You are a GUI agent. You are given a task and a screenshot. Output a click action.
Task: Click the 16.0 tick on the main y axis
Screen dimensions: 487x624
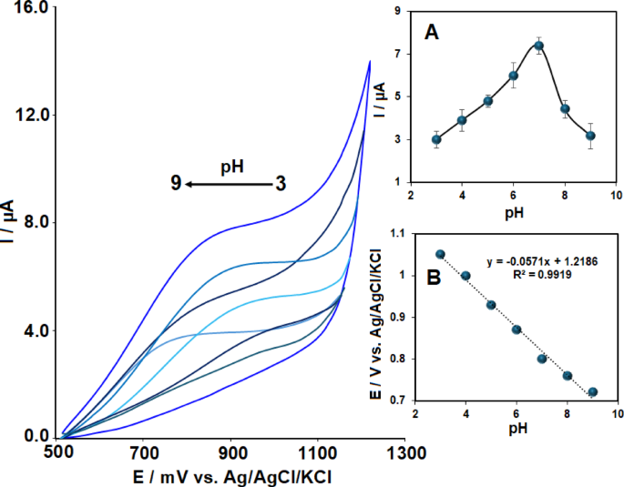(x=32, y=8)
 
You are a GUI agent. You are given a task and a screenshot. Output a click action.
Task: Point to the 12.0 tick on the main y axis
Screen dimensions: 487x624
(x=32, y=116)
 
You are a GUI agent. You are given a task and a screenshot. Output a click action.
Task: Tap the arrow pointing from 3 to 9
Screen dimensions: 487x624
(x=227, y=185)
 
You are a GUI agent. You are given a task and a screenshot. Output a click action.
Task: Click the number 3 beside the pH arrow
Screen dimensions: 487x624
(x=281, y=185)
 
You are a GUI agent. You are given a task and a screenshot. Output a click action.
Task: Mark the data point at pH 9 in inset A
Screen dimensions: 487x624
(x=590, y=136)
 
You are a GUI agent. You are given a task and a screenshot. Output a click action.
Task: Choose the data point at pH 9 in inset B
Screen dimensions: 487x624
(x=593, y=392)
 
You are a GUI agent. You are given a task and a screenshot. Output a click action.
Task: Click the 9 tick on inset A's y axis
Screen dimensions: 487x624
(x=398, y=11)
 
